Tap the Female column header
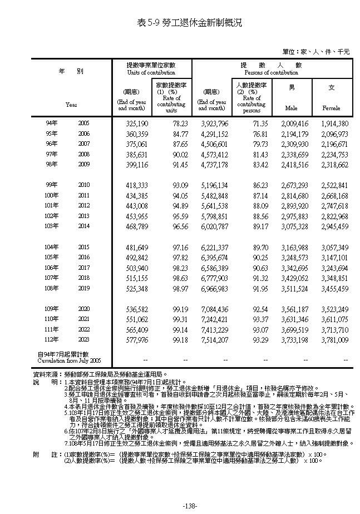[331, 107]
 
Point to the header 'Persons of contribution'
[271, 72]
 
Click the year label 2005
[83, 123]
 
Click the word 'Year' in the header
[71, 104]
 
